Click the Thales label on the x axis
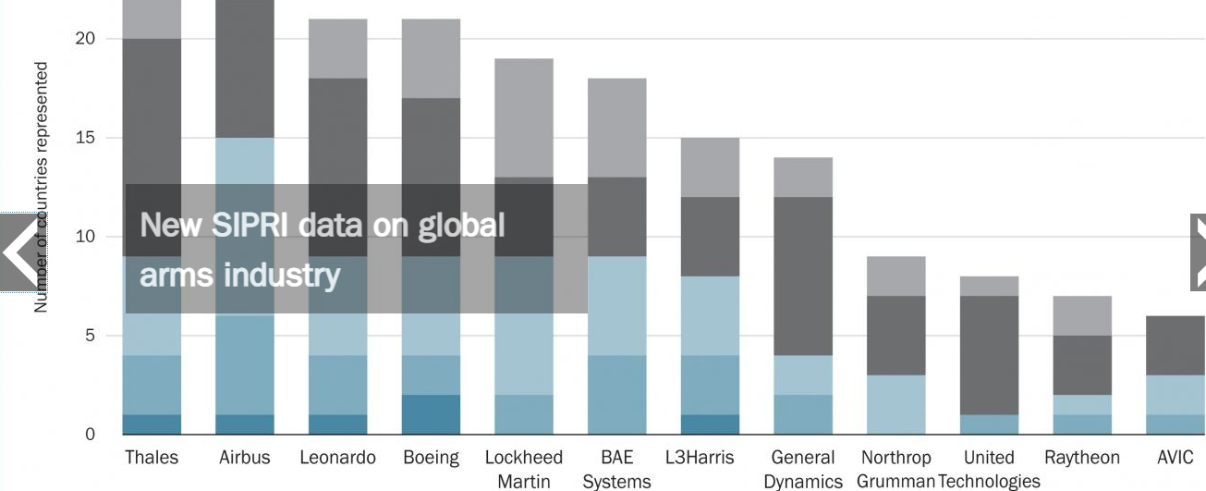coord(152,458)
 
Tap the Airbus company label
coord(245,458)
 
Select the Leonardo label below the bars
coord(338,458)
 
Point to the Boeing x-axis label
coord(431,458)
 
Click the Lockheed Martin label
coord(524,469)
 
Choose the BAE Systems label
coord(616,469)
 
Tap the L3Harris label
coord(700,458)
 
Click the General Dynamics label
coord(803,469)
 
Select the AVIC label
coord(1176,458)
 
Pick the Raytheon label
coord(1082,458)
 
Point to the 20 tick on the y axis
coord(86,39)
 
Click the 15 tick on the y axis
coord(86,138)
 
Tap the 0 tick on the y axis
coord(91,435)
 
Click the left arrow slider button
coord(18,252)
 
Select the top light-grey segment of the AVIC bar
coord(1176,345)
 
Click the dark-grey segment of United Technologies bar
coord(989,355)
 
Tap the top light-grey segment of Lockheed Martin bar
coord(524,117)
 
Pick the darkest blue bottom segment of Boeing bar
coord(431,414)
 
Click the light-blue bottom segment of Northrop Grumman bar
coord(896,404)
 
